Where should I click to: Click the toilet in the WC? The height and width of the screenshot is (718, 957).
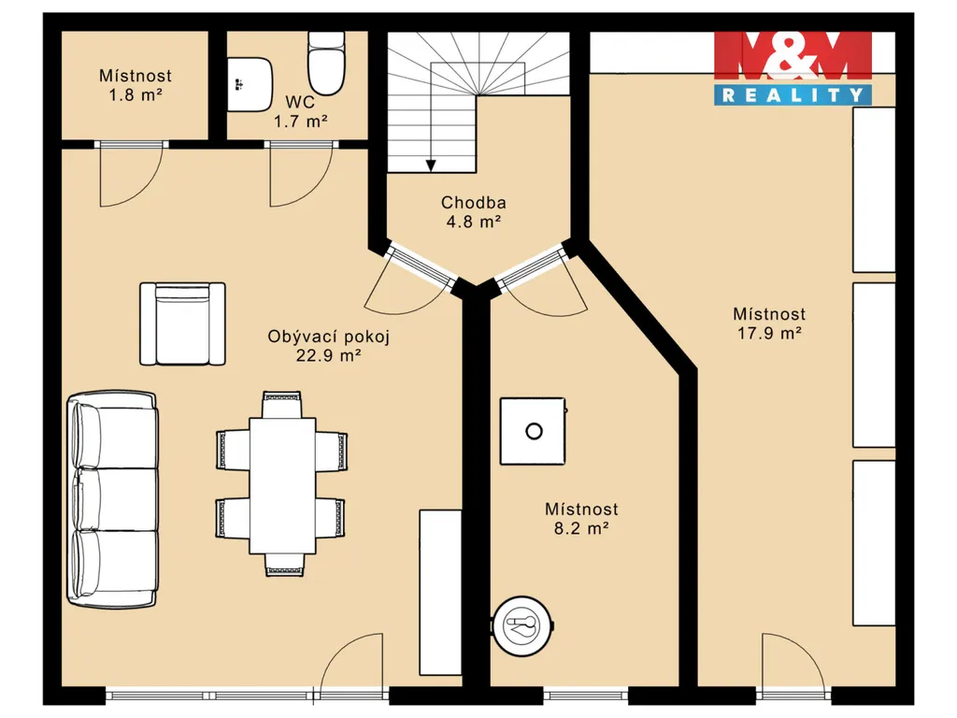pos(326,64)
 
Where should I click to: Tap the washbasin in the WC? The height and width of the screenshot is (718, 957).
pos(250,84)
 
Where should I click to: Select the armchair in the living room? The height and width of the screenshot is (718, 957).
pos(182,323)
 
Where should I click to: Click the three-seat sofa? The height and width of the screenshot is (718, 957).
pos(112,499)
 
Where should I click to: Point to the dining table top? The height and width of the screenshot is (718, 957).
pos(282,486)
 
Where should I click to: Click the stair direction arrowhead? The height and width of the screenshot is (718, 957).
pos(431,165)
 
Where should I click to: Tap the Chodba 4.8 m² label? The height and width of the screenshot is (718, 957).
pos(474,212)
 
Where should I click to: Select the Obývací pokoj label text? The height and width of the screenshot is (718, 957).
pos(328,337)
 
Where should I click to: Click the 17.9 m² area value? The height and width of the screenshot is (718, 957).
pos(769,334)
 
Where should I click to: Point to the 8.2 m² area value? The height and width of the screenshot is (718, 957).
pos(581,528)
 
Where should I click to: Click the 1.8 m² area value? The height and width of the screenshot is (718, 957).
pos(136,95)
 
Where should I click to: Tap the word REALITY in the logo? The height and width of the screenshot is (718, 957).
pos(793,95)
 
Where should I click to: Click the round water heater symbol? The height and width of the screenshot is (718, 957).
pos(523,625)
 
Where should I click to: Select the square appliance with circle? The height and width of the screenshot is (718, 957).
pos(534,432)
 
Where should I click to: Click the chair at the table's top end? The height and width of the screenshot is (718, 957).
pos(282,405)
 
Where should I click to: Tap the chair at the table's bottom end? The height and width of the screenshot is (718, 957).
pos(284,565)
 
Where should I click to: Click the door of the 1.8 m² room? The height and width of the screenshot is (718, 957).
pos(131,173)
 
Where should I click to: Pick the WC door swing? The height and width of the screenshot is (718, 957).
pos(302,173)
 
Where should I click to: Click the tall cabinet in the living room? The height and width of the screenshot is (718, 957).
pos(440,593)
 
